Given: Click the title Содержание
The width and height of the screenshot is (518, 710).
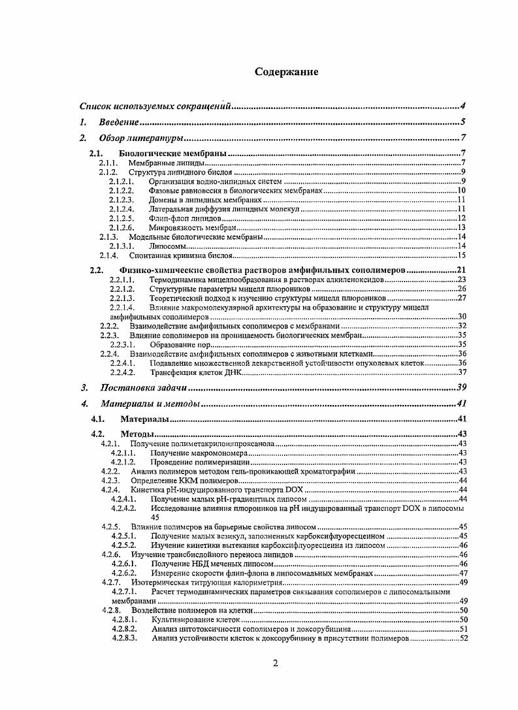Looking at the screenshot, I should [286, 72].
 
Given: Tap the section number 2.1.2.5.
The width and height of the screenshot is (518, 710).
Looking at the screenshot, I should [121, 218].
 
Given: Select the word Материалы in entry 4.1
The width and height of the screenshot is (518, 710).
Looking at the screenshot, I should [144, 419].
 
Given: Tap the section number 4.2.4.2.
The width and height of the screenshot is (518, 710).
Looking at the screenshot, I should [123, 508].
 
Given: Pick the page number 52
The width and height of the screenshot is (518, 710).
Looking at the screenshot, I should [464, 638].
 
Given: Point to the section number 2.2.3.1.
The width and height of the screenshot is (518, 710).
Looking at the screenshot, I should [121, 344].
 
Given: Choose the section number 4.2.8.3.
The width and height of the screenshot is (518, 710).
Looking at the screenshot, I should [123, 638].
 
